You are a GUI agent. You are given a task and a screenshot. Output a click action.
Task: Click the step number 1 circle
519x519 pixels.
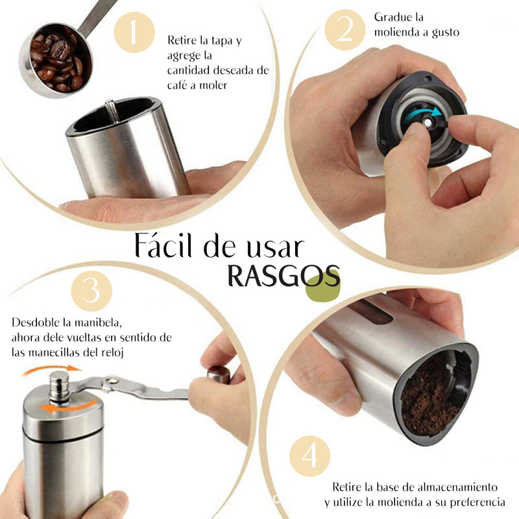coord(134,32)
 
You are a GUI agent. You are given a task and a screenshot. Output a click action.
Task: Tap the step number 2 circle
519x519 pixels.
coord(345,30)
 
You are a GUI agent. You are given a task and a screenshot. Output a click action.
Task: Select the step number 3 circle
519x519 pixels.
coord(91,291)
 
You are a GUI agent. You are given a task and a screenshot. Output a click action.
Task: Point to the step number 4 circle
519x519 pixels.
coord(310,456)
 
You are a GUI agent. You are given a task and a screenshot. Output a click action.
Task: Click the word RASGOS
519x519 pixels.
coord(284,276)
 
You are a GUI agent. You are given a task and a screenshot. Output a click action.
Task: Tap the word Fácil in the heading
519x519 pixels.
coord(163,245)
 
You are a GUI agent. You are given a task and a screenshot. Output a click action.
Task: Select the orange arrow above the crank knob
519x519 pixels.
coord(53,369)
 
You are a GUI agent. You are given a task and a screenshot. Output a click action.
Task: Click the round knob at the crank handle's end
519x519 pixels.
coord(219,375)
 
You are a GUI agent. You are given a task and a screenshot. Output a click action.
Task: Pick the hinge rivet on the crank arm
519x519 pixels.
coord(111,381)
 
